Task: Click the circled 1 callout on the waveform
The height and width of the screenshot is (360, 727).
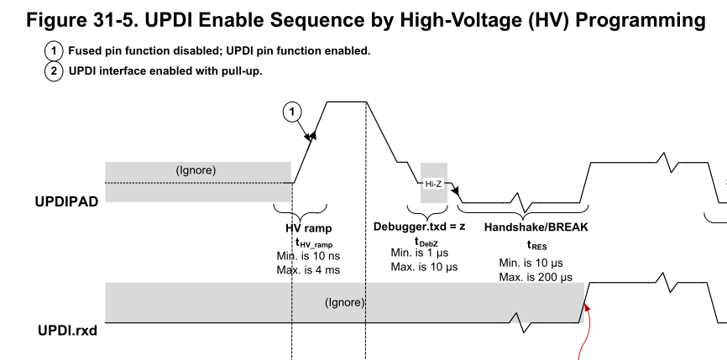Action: [291, 110]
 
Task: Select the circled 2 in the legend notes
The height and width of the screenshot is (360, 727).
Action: [54, 70]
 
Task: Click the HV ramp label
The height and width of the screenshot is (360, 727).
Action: [308, 227]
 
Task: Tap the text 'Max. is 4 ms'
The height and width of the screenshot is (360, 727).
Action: [308, 269]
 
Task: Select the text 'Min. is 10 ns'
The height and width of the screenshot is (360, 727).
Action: [308, 255]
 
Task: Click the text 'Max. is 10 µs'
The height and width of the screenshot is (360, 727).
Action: [425, 266]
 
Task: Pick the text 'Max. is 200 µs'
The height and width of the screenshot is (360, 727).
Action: [536, 277]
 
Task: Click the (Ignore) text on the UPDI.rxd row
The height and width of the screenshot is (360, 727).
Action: [344, 302]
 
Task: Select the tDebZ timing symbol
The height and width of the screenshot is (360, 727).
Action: [424, 241]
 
